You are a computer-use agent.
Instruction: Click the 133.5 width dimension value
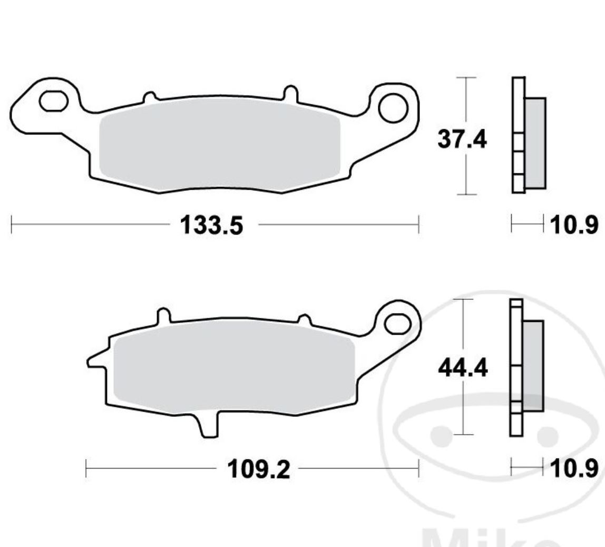click(x=212, y=226)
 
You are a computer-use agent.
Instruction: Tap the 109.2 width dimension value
click(x=258, y=469)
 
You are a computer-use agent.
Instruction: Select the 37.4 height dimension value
click(x=462, y=140)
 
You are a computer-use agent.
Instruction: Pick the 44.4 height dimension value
click(x=462, y=368)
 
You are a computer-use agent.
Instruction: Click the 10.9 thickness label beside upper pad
click(x=574, y=226)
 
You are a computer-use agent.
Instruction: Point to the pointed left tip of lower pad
click(x=90, y=362)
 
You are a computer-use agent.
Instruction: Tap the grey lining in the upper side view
click(x=535, y=142)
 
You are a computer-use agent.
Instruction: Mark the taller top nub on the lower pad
click(x=164, y=316)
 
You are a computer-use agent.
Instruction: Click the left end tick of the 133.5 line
click(x=12, y=224)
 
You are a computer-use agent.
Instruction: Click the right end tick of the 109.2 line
click(x=418, y=467)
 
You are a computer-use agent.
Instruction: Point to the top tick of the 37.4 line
click(x=466, y=78)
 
